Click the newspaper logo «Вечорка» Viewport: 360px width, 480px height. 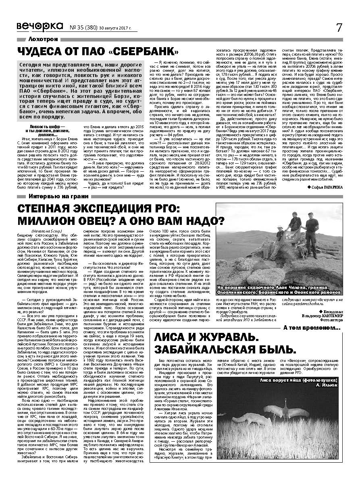coord(40,26)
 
